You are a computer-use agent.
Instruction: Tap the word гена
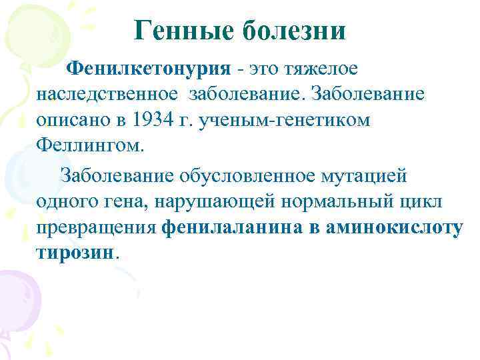[x=129, y=200]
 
